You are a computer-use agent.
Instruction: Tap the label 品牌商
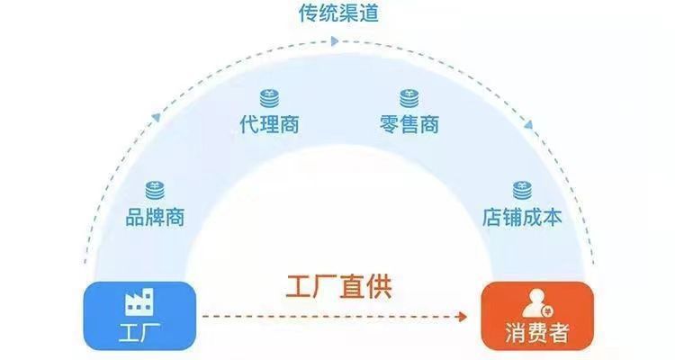(155, 217)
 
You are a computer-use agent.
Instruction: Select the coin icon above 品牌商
(155, 190)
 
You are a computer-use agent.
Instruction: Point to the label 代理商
(269, 123)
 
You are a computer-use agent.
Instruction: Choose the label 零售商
(409, 123)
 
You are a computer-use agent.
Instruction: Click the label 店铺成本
(522, 218)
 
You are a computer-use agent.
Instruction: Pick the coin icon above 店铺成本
(522, 190)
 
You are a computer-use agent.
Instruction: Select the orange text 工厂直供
(339, 286)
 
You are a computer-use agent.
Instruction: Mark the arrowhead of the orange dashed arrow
(463, 316)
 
